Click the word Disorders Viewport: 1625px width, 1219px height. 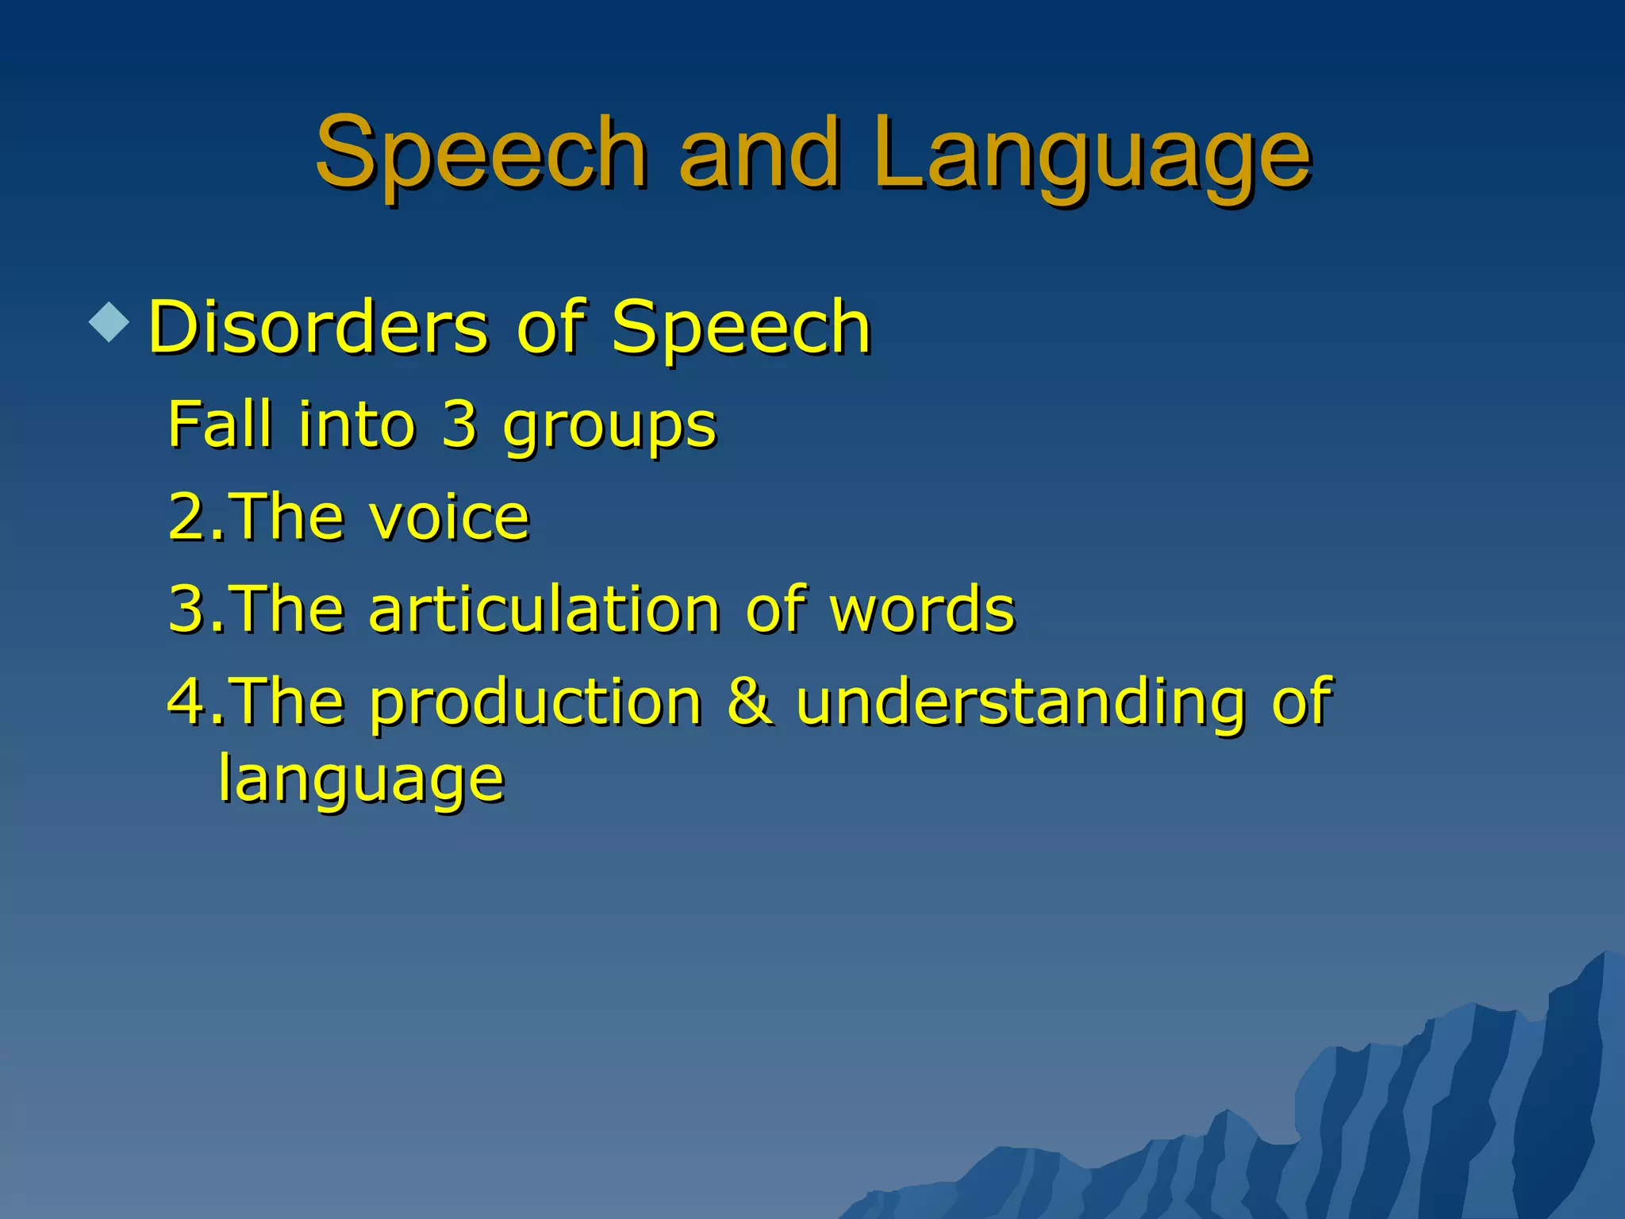(318, 327)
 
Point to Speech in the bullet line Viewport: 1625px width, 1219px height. (741, 327)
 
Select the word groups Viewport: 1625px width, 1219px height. (609, 429)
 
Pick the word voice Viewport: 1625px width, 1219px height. (449, 517)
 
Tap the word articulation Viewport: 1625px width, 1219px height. (544, 609)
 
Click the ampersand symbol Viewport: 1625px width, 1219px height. (749, 701)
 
